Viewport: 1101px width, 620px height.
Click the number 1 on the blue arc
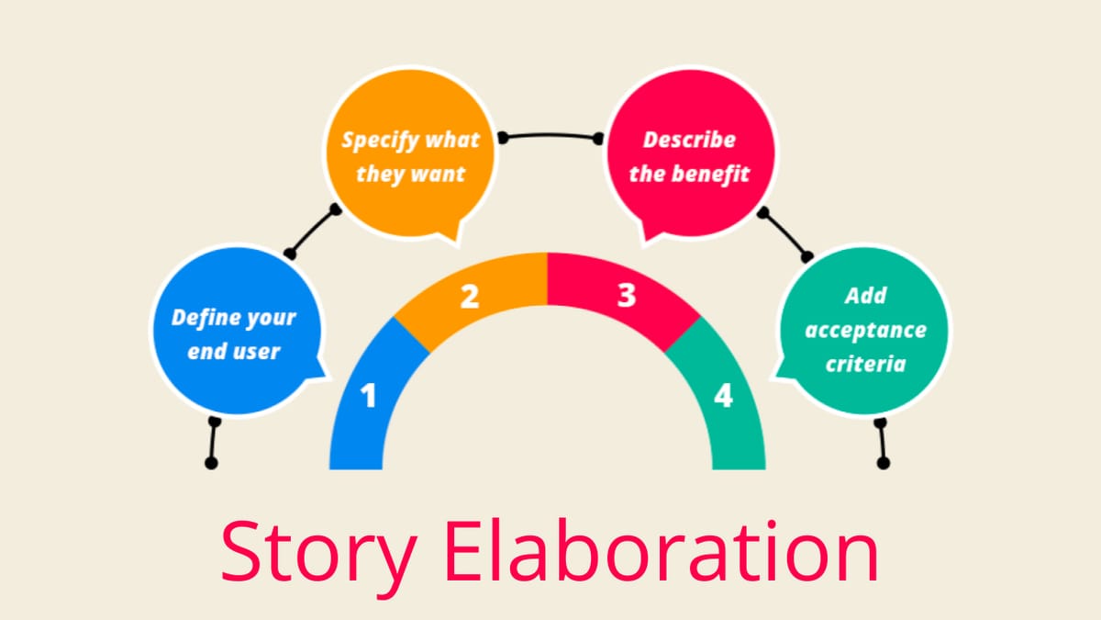pyautogui.click(x=369, y=396)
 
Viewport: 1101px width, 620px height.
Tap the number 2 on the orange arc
pyautogui.click(x=470, y=297)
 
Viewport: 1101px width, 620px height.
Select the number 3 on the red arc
pyautogui.click(x=627, y=297)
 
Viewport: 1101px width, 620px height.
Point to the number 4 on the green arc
pyautogui.click(x=724, y=396)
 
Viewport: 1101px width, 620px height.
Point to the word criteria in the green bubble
pyautogui.click(x=865, y=364)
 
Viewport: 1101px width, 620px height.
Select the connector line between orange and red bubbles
pyautogui.click(x=550, y=136)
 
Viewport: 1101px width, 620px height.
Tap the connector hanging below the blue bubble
pyautogui.click(x=213, y=443)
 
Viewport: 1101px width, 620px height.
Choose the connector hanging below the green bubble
pyautogui.click(x=882, y=443)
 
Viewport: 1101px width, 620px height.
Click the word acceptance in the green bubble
pyautogui.click(x=865, y=331)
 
